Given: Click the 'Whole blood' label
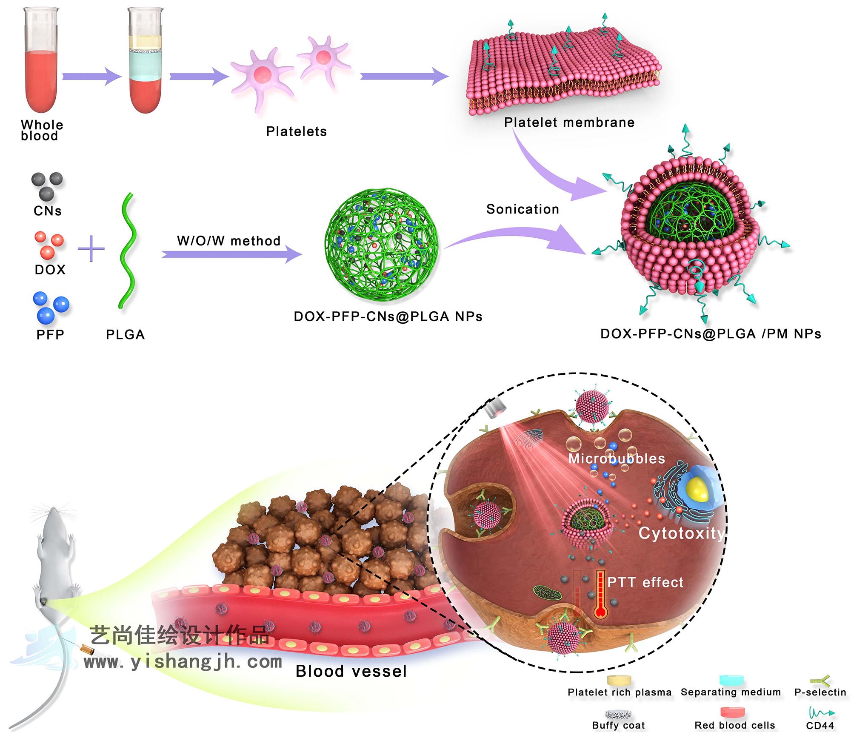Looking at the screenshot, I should point(41,130).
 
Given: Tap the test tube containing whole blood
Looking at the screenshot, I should point(41,64).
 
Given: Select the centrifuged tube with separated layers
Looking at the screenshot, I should point(145,64).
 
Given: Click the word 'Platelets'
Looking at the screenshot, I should point(296,131).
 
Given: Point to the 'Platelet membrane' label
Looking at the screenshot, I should point(569,122).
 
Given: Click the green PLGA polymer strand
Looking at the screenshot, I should point(127,251).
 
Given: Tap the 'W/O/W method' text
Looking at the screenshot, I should point(228,241).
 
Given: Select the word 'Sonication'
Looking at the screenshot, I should point(523,209).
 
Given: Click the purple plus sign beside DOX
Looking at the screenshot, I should point(91,248).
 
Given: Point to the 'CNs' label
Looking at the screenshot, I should point(48,211).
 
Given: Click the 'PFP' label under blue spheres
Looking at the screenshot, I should point(50,335).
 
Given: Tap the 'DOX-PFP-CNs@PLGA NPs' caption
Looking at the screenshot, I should point(388,316).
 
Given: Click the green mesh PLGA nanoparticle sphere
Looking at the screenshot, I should point(381,245).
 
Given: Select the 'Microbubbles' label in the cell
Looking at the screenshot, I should point(616,459).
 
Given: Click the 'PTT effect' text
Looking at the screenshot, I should point(645,582).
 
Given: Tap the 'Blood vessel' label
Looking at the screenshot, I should point(351,671).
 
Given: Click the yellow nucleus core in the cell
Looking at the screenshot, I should point(698,489).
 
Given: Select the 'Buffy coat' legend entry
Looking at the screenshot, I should point(618,725).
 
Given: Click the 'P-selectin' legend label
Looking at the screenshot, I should point(820,692).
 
